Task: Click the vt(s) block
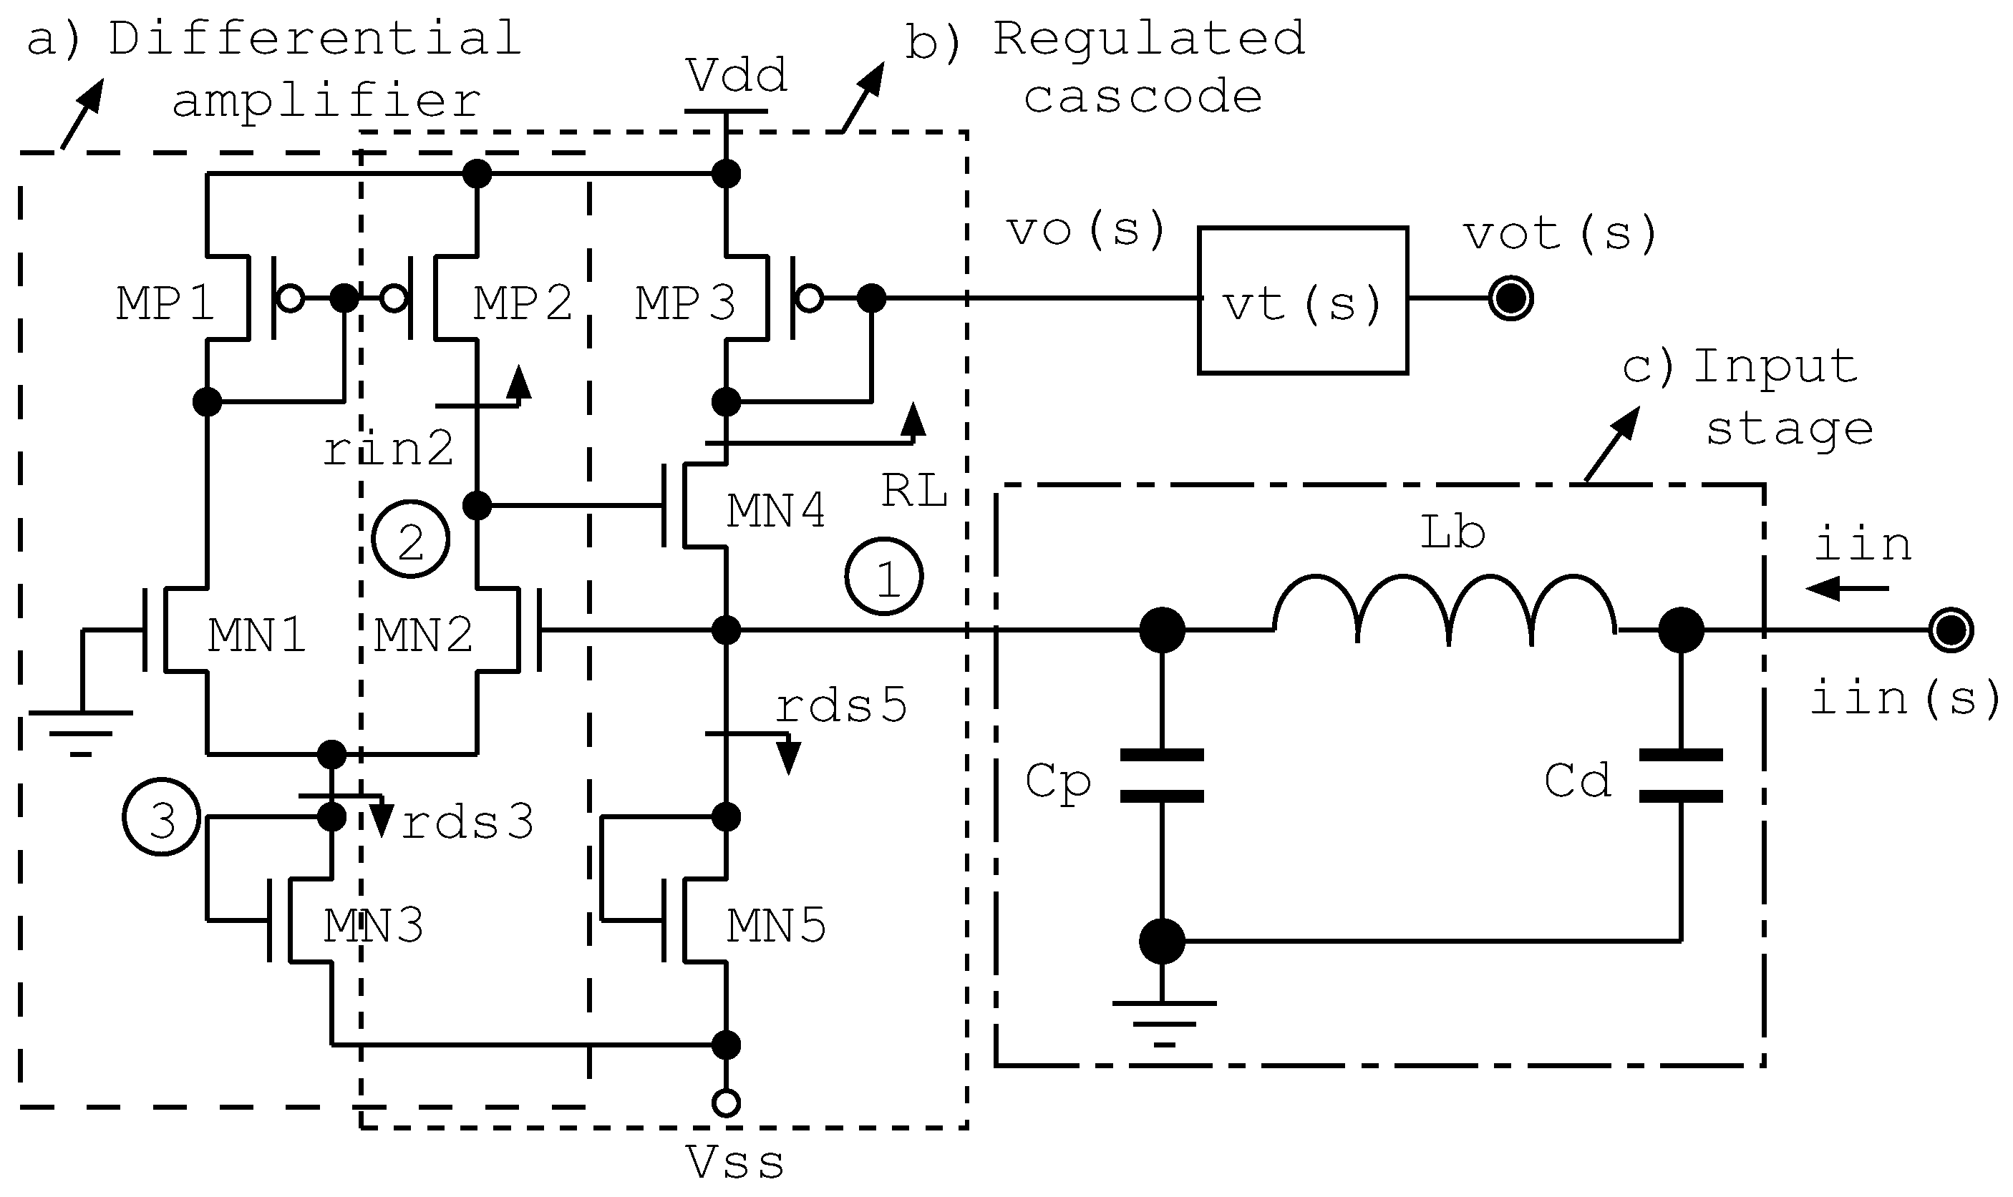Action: (x=1302, y=300)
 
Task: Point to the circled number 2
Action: (x=410, y=539)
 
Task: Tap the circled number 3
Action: (x=161, y=818)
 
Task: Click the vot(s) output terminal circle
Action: (x=1510, y=299)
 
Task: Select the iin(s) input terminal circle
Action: (x=1951, y=630)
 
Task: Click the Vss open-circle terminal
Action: (x=726, y=1103)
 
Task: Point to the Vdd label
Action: (x=736, y=77)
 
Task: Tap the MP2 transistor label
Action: (x=522, y=303)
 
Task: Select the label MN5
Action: (x=775, y=926)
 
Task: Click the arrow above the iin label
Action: (x=1848, y=589)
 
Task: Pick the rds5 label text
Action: (x=840, y=705)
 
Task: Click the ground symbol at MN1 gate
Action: (x=81, y=730)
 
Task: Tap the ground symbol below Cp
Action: (x=1163, y=1021)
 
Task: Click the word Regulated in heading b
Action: (x=1148, y=39)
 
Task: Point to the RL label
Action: (x=913, y=489)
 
